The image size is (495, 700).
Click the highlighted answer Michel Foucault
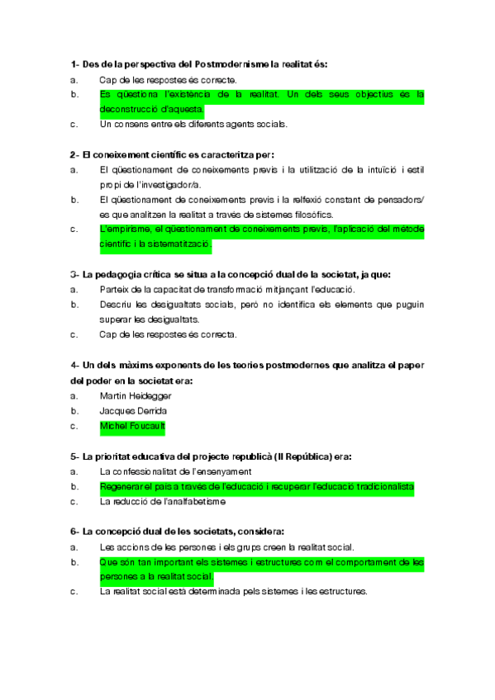tap(131, 426)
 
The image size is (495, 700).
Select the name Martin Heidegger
tap(136, 395)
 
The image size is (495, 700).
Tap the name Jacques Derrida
tap(133, 410)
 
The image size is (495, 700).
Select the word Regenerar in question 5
tap(123, 486)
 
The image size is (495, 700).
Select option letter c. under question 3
tap(74, 334)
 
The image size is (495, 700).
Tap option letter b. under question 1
tap(74, 95)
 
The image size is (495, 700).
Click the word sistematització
tap(178, 244)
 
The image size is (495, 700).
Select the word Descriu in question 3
tap(114, 305)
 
